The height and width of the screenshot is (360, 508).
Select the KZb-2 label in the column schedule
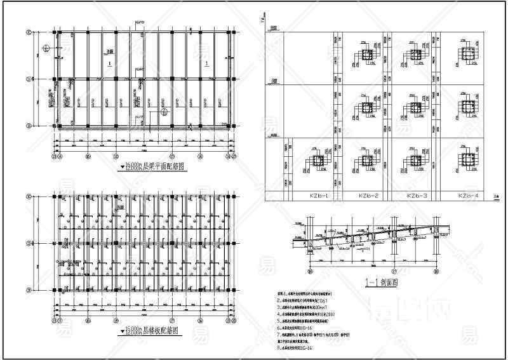point(368,196)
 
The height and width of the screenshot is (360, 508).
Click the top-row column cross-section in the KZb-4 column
point(468,57)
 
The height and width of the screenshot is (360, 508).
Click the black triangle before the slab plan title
point(121,331)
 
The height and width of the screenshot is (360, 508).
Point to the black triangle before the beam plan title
point(121,168)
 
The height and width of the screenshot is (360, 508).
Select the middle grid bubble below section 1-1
point(391,271)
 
